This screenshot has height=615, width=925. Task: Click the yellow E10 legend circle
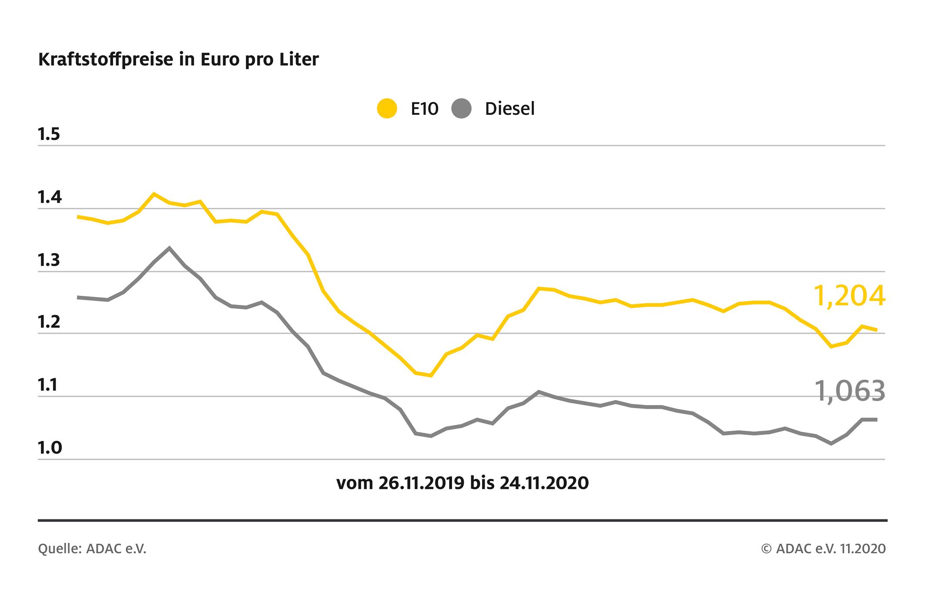click(387, 108)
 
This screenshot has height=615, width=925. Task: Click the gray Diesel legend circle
click(462, 108)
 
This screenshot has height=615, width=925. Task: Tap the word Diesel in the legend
click(509, 109)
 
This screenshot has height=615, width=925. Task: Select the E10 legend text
click(424, 109)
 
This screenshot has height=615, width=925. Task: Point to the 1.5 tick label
click(49, 135)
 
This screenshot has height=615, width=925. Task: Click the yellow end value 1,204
click(849, 297)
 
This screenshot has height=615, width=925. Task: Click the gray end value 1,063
click(849, 391)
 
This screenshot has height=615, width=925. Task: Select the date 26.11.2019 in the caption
click(421, 483)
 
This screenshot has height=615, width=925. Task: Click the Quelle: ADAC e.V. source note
click(92, 549)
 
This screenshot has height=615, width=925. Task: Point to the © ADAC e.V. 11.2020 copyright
click(823, 549)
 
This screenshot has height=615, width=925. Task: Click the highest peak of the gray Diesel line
click(169, 248)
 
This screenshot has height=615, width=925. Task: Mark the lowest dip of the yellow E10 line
click(431, 375)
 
